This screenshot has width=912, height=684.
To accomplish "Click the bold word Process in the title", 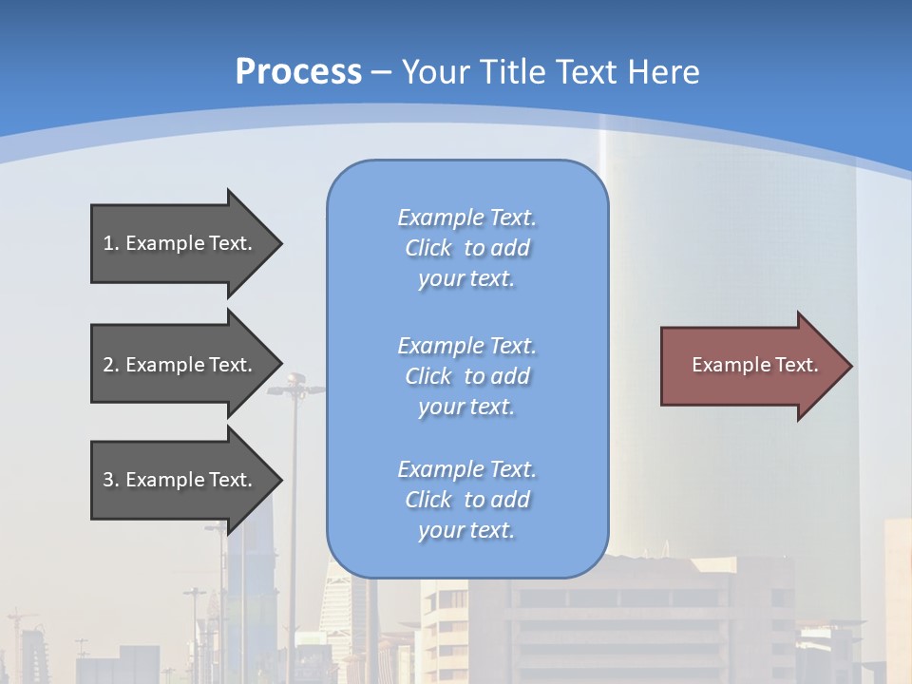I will (x=298, y=71).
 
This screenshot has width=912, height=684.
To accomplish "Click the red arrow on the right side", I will (x=750, y=366).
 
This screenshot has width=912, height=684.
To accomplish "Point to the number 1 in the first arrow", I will (x=108, y=243).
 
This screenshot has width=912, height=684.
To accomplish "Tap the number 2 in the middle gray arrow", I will (x=108, y=365).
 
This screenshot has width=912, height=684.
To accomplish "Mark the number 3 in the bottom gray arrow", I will (x=108, y=480).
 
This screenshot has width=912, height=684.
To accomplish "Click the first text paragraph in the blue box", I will (x=466, y=248).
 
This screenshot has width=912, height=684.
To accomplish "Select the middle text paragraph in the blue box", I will (x=466, y=376).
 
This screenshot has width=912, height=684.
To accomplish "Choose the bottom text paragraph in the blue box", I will (x=466, y=500).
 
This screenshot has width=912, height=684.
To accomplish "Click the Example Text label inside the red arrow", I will (x=754, y=365).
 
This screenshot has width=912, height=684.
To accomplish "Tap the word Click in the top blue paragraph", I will (x=427, y=248).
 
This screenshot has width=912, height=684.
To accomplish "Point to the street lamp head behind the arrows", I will (x=293, y=385).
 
